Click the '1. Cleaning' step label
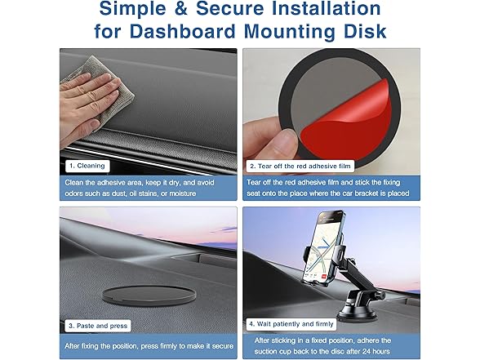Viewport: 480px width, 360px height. pos(87,166)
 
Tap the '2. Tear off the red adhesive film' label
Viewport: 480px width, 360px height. pos(300,167)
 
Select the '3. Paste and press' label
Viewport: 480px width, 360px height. pos(98,326)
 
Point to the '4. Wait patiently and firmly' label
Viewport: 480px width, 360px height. pos(291,324)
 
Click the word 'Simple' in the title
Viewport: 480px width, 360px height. pos(132,8)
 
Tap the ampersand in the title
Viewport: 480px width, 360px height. pos(181,8)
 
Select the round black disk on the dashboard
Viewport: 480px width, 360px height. pos(149,296)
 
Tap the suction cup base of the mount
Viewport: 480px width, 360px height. pos(352,312)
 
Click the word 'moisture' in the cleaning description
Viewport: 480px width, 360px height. pos(183,193)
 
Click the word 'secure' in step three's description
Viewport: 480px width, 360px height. pos(223,346)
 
